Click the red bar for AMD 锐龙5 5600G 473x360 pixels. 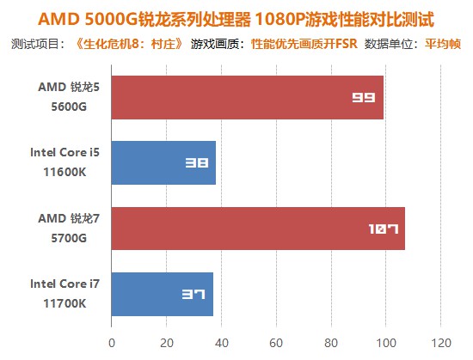click(x=248, y=97)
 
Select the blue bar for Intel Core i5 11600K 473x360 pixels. click(x=163, y=162)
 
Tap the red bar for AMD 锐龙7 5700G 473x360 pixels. click(x=258, y=228)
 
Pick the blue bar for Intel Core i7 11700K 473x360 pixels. click(x=162, y=294)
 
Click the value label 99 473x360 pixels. click(x=364, y=97)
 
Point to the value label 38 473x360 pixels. click(x=198, y=162)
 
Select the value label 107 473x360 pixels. click(x=383, y=229)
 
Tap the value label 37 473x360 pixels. click(x=194, y=294)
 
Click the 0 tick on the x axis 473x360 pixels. click(x=111, y=343)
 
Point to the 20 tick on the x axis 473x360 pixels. click(x=166, y=343)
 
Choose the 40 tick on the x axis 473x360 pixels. click(x=221, y=343)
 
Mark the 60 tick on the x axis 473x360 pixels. click(x=276, y=343)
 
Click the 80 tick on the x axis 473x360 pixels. click(x=331, y=343)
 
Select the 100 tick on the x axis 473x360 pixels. click(x=386, y=343)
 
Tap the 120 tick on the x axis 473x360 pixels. click(x=441, y=343)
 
